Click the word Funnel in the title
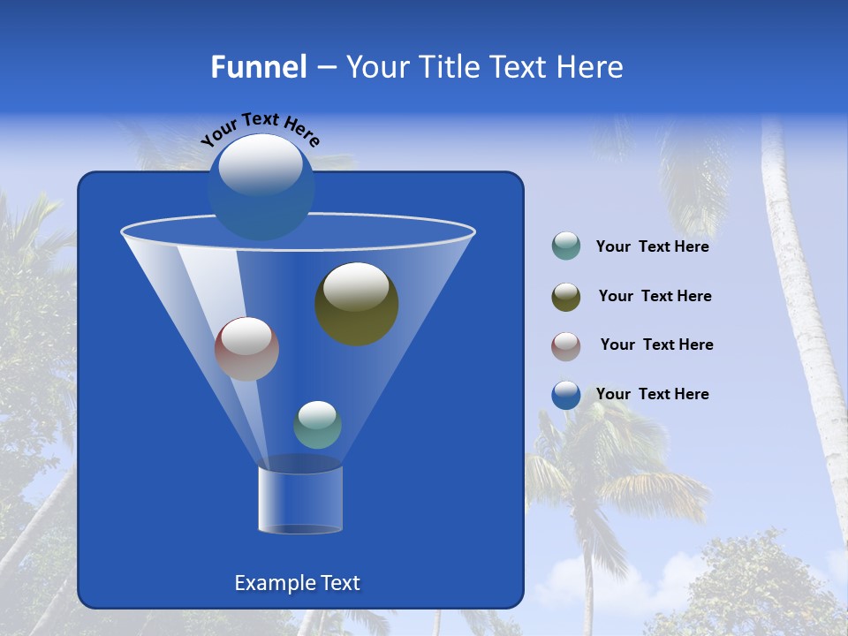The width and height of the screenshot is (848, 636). tap(258, 67)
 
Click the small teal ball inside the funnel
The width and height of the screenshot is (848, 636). tap(317, 426)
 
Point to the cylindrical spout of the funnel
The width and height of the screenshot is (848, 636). tap(300, 500)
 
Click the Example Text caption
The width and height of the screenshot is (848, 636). tap(297, 583)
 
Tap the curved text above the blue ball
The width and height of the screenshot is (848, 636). tap(260, 129)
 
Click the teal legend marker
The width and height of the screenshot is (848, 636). tap(566, 246)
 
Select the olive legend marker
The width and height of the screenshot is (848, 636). tap(566, 297)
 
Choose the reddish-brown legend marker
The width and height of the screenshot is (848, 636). tap(566, 346)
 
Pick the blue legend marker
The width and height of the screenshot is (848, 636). tap(566, 395)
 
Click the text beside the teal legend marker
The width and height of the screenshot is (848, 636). tap(652, 247)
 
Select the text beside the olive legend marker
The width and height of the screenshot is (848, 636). tap(655, 297)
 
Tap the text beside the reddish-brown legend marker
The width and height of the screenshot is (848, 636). tap(656, 345)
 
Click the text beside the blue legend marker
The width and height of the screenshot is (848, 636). tap(652, 394)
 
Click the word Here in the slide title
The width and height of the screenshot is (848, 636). tap(592, 67)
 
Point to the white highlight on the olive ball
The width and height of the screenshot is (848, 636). tap(356, 286)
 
